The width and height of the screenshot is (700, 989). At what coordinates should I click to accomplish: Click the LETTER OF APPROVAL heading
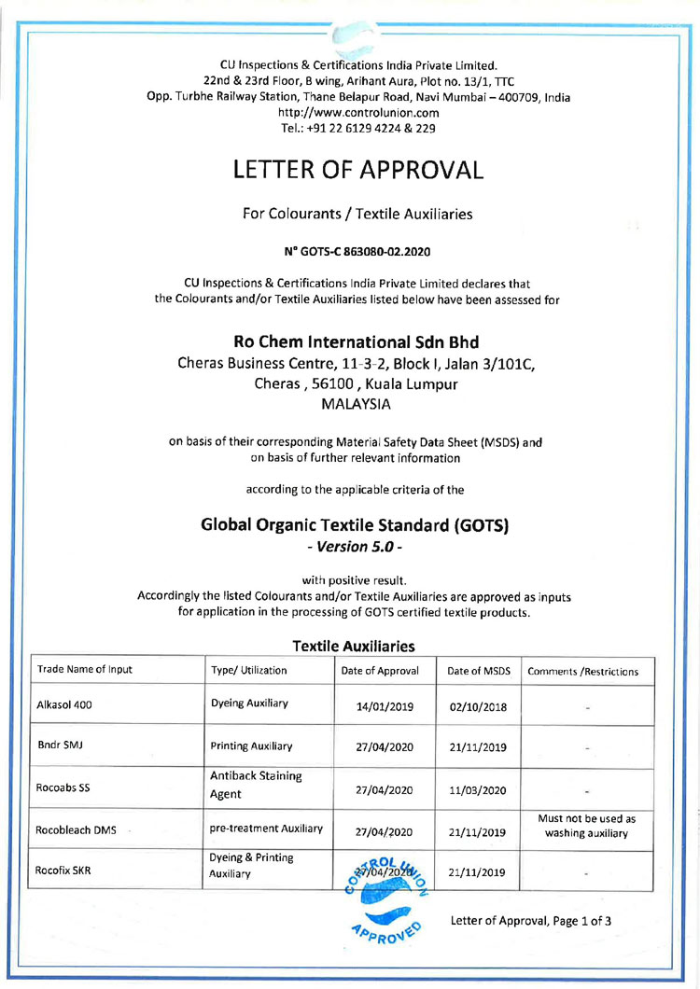358,170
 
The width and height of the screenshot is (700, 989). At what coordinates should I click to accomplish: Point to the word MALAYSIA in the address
356,405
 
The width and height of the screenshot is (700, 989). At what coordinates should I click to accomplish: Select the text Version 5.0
355,546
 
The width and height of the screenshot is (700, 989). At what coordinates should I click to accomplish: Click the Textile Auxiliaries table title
354,646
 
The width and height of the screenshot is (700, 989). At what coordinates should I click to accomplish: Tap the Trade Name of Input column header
84,671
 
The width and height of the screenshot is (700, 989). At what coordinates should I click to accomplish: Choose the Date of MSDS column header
479,671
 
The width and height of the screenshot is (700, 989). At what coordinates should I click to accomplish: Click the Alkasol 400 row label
63,706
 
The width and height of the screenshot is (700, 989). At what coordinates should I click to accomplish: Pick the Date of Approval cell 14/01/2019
385,706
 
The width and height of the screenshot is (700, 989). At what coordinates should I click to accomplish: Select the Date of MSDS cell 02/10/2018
478,706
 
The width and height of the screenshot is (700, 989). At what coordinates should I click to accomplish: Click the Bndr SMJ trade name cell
56,746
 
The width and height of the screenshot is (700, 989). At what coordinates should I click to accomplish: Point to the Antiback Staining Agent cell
257,785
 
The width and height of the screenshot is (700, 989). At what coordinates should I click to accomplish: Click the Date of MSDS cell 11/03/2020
478,789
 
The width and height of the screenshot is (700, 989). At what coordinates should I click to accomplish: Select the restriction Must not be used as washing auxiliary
588,825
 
